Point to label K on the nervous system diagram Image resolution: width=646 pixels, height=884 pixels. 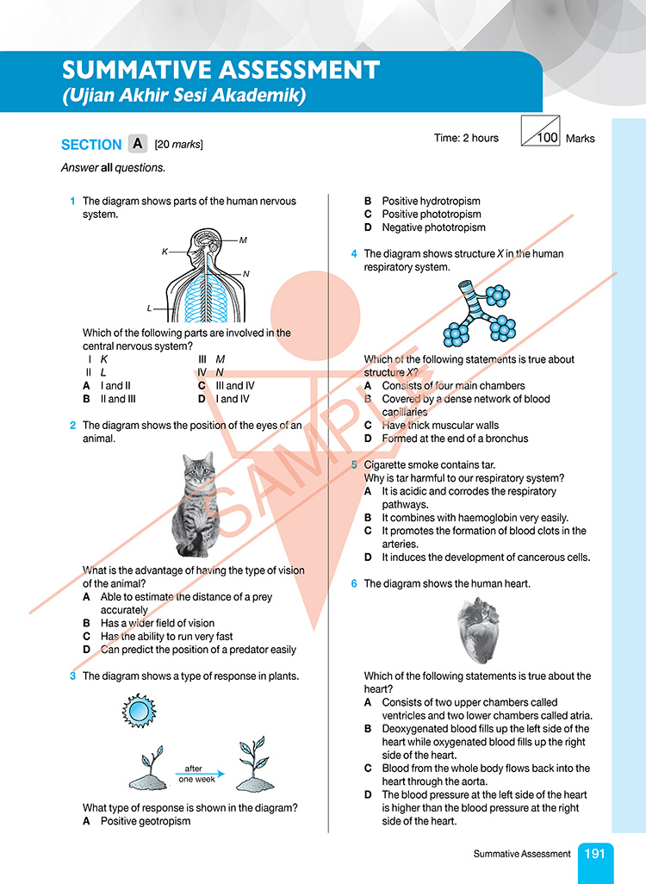[165, 252]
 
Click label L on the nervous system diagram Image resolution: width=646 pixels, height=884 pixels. [149, 308]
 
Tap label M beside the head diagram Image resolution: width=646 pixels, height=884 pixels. [243, 240]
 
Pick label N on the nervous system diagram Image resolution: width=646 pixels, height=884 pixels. [246, 274]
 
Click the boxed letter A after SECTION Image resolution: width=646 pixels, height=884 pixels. [138, 144]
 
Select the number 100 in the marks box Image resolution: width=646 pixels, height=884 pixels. [548, 138]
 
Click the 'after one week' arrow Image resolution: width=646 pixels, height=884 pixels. [199, 774]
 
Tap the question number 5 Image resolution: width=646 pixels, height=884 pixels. [354, 465]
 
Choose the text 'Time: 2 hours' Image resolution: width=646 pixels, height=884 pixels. [467, 138]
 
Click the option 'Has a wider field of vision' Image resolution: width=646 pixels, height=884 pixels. [158, 623]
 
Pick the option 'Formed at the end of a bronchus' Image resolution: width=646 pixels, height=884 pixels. [455, 439]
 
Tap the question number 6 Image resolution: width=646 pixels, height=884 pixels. [354, 584]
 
